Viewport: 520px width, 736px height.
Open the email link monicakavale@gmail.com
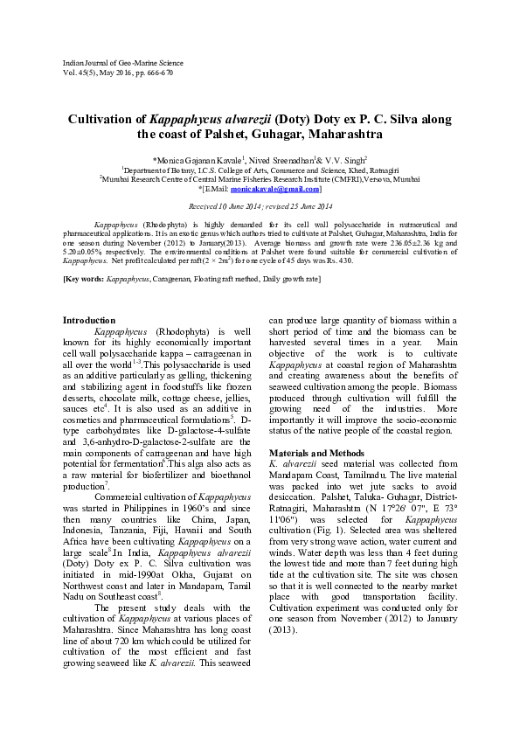click(x=280, y=188)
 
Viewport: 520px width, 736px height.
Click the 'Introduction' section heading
click(x=89, y=320)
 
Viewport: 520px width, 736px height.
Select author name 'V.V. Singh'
click(x=333, y=161)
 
